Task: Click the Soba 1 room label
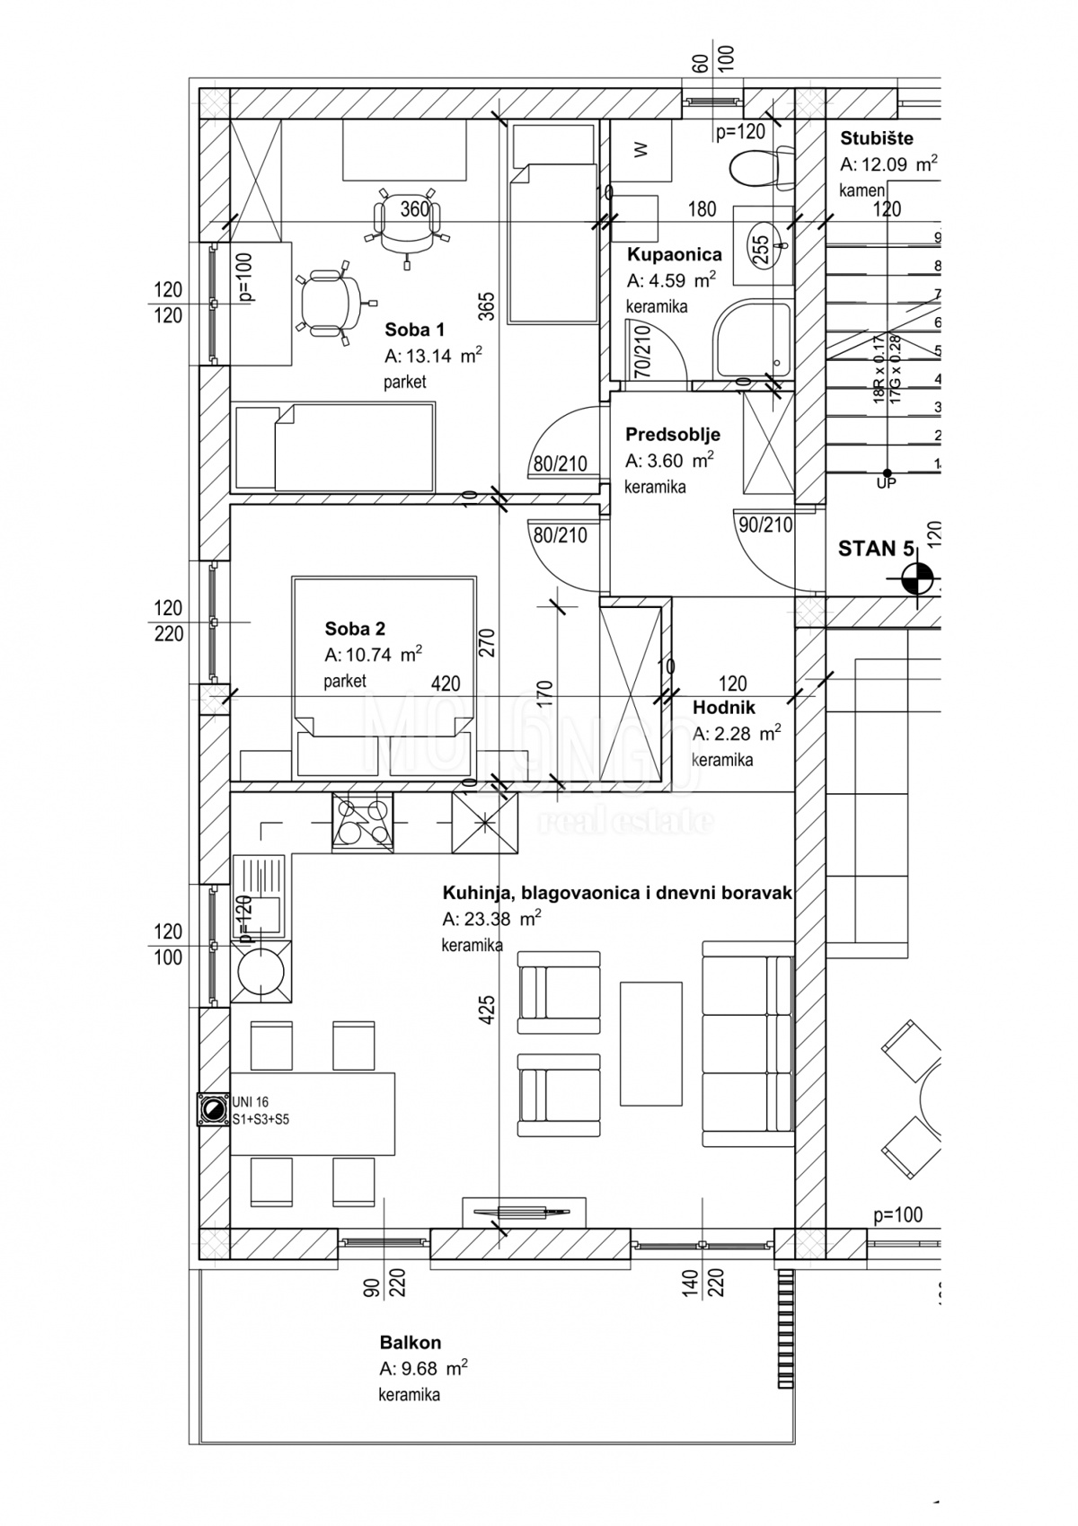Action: (414, 329)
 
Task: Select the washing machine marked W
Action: (641, 150)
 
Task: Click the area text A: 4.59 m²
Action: (670, 279)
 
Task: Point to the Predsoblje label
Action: (672, 435)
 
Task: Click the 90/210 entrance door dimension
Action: (764, 525)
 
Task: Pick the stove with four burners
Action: (361, 821)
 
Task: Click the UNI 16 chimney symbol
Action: (214, 1109)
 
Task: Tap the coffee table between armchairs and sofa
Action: (650, 1043)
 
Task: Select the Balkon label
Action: (410, 1343)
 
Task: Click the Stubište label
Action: (876, 138)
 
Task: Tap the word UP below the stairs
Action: (886, 482)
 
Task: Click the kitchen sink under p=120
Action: (258, 896)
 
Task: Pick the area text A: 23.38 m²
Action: (490, 919)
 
